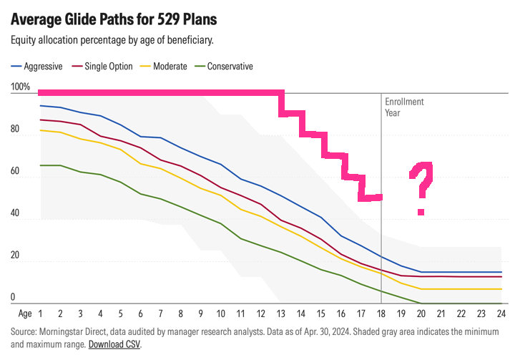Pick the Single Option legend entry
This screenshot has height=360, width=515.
point(109,67)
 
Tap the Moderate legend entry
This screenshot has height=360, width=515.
point(170,67)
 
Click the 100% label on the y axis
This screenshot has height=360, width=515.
point(21,88)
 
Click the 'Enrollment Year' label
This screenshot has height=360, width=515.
point(404,107)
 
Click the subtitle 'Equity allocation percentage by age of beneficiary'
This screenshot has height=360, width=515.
point(112,41)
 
